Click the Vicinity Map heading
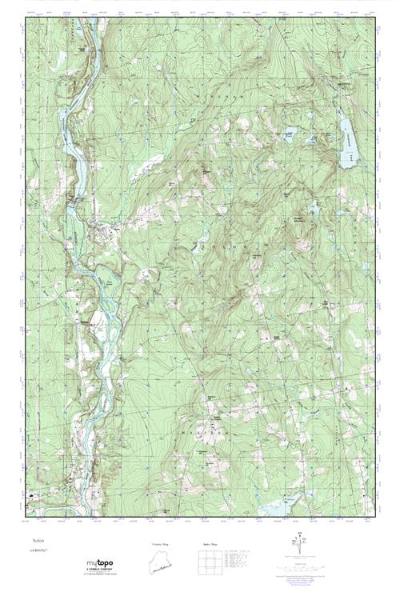click(161, 544)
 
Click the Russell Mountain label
click(294, 218)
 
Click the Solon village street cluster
click(109, 233)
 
